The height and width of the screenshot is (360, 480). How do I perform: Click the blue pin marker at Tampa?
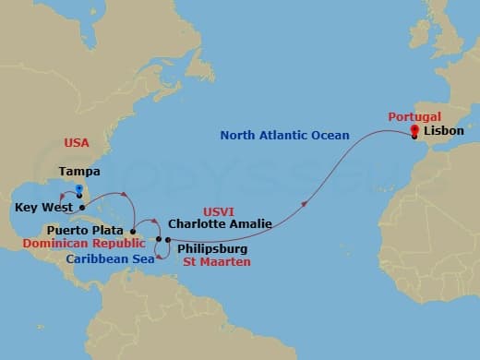pyautogui.click(x=79, y=190)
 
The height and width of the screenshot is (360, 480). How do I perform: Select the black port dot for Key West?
pyautogui.click(x=82, y=208)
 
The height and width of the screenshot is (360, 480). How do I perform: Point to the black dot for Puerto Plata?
pyautogui.click(x=133, y=232)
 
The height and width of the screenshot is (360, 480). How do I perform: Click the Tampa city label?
pyautogui.click(x=79, y=172)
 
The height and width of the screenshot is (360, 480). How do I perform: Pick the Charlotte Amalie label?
pyautogui.click(x=216, y=222)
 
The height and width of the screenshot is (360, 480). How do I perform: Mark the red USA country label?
pyautogui.click(x=77, y=143)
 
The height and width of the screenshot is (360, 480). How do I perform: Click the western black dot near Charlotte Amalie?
pyautogui.click(x=159, y=240)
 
